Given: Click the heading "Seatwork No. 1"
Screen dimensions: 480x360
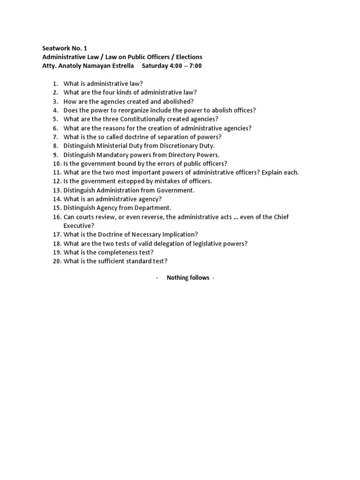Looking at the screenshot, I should [65, 48].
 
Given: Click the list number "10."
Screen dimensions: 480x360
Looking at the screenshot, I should [57, 164].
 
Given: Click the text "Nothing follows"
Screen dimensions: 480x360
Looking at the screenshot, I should [187, 278].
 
